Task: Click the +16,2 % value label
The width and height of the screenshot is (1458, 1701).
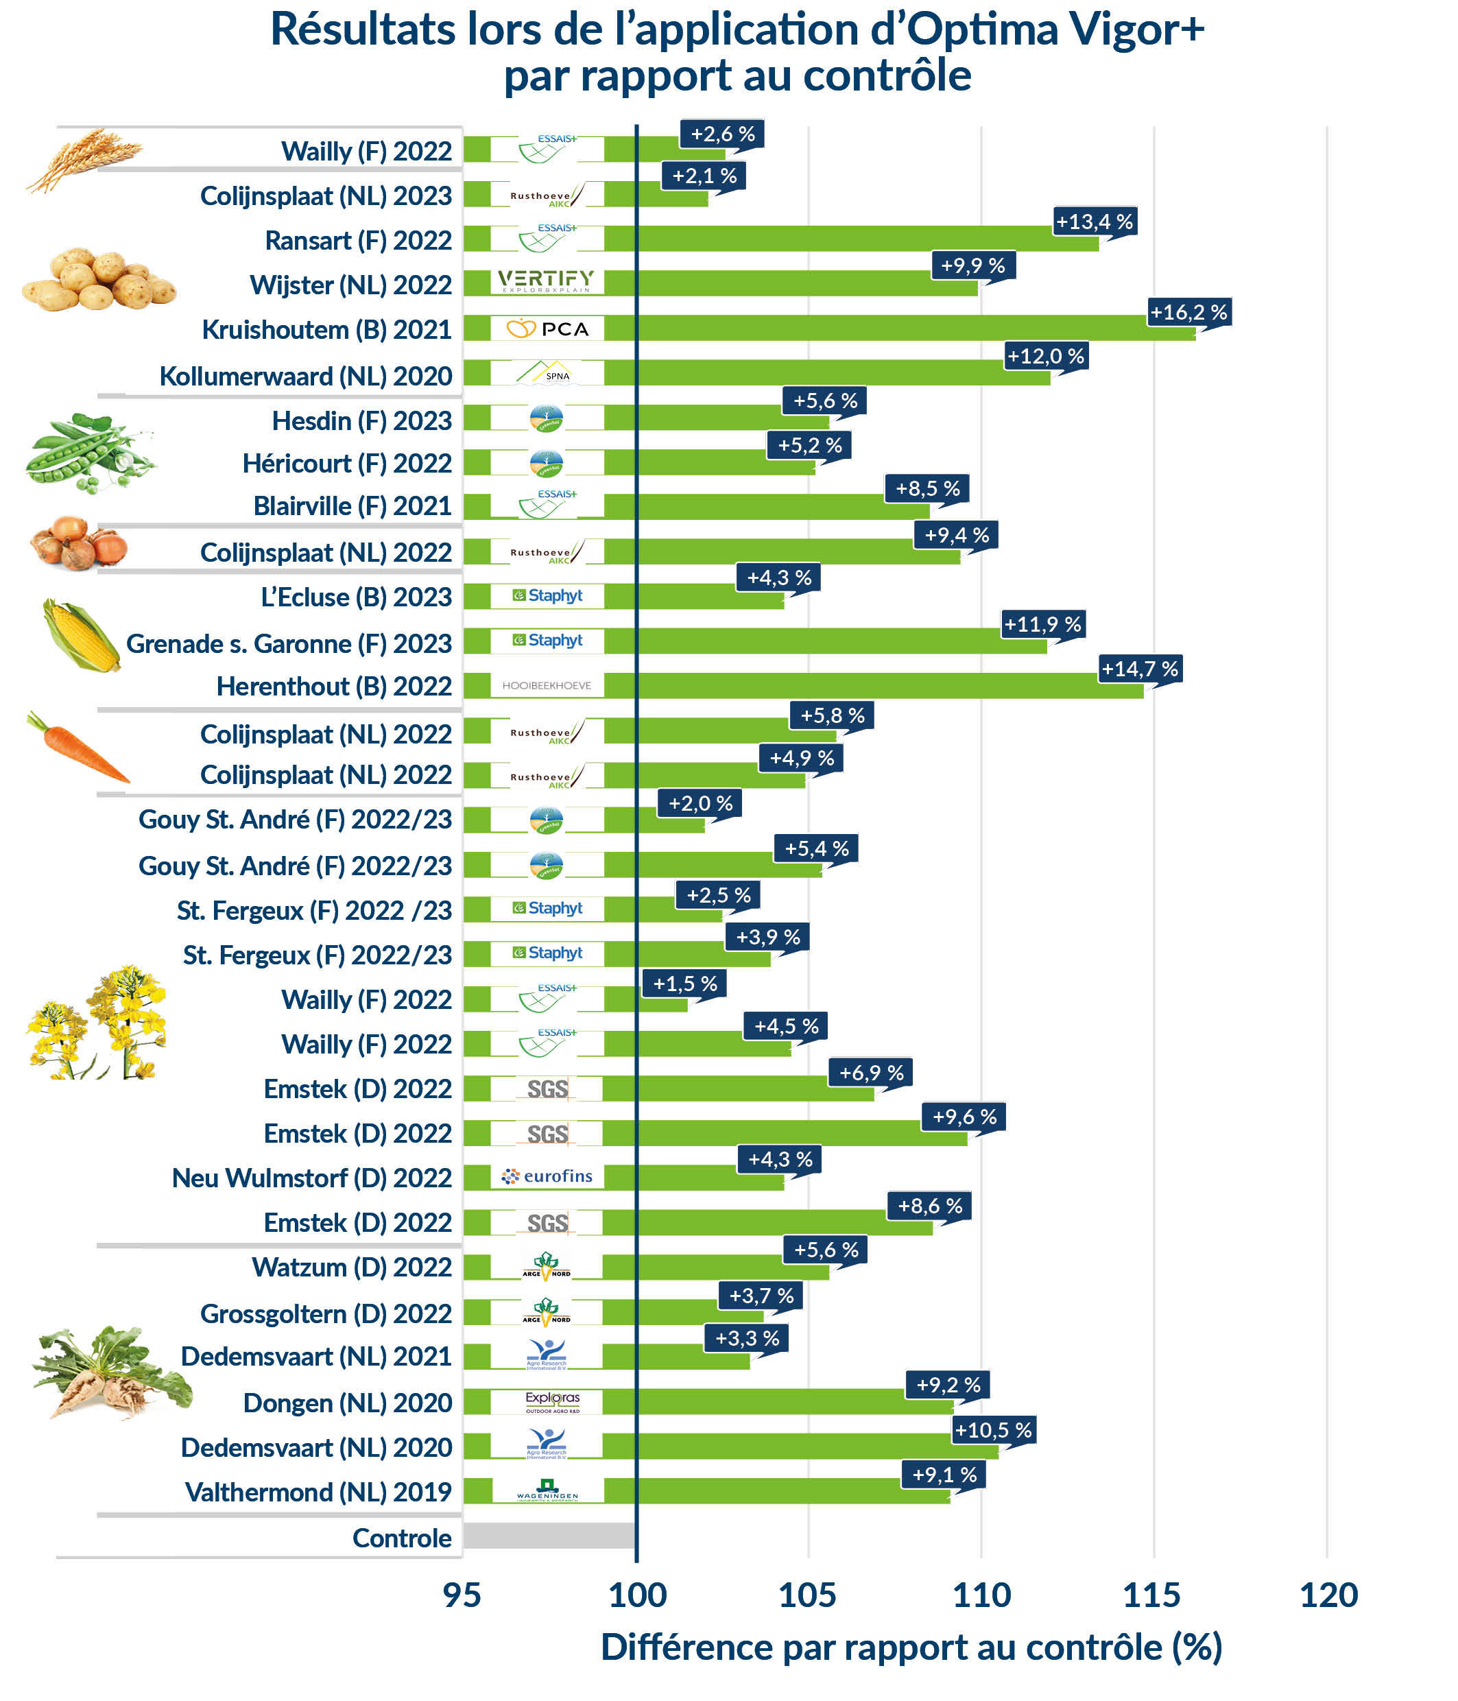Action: (1188, 312)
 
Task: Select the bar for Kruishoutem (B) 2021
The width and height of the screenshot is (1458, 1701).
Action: (903, 329)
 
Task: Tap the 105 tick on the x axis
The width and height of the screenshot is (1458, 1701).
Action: (807, 1595)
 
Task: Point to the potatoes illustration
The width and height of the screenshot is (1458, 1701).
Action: (99, 281)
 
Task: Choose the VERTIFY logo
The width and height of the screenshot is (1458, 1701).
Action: (546, 281)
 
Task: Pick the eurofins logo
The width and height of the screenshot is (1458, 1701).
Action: (547, 1176)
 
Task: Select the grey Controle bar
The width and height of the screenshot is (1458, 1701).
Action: (549, 1536)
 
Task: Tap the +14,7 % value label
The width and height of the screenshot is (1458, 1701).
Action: (1140, 669)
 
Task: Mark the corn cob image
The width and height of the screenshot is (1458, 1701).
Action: (80, 635)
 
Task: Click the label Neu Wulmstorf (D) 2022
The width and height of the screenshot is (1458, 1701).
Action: (311, 1178)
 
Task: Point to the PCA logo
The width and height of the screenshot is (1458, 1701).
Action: (547, 329)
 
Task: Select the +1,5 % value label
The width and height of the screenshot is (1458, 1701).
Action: (684, 984)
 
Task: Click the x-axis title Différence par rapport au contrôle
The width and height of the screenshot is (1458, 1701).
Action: (911, 1648)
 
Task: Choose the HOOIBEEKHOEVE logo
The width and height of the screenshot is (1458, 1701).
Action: (547, 685)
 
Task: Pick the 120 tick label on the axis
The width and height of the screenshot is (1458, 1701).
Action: (1328, 1595)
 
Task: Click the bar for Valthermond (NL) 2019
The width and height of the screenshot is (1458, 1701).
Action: (788, 1492)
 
